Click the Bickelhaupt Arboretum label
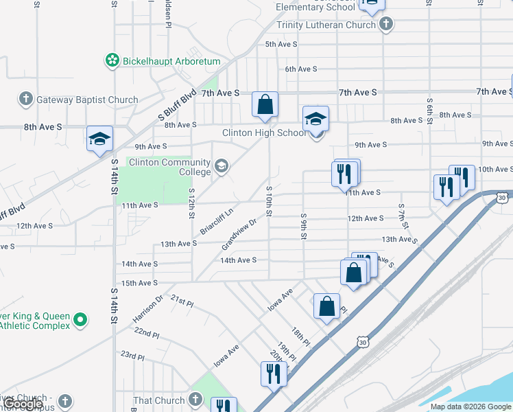coord(171,61)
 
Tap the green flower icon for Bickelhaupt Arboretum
coord(112,61)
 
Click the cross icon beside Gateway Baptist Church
coord(25,100)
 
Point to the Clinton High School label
coord(264,133)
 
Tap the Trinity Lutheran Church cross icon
coord(386,25)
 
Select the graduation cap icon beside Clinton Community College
coord(222,165)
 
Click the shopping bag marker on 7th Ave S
coord(265,105)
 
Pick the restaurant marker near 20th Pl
coord(274,374)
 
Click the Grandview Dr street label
coord(239,234)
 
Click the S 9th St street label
coord(302,225)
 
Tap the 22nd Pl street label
coord(147,332)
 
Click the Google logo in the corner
coord(24,404)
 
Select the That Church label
coord(160,400)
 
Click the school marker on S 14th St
coord(99,139)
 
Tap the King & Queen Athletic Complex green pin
coord(80,319)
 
